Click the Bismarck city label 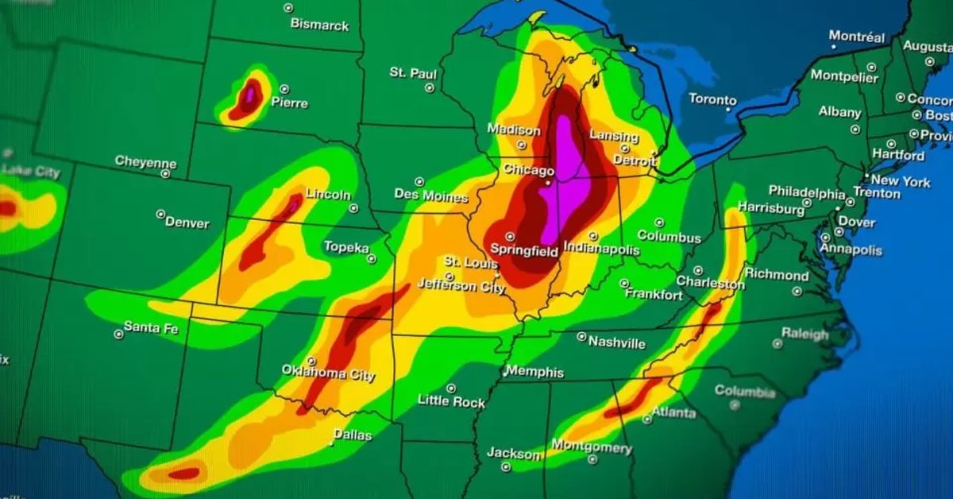[x=319, y=25]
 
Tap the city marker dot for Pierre [x=284, y=89]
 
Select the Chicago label [x=528, y=171]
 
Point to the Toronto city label [x=712, y=99]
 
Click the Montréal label [x=856, y=37]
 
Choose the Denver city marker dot [x=160, y=215]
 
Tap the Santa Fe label [x=151, y=328]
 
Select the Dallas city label [x=352, y=435]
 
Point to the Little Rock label [x=451, y=401]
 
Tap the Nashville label [x=616, y=343]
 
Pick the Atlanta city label [x=673, y=412]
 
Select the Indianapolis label [x=601, y=249]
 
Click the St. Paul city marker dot [x=430, y=87]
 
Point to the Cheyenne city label [x=145, y=161]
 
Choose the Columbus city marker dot [x=659, y=223]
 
